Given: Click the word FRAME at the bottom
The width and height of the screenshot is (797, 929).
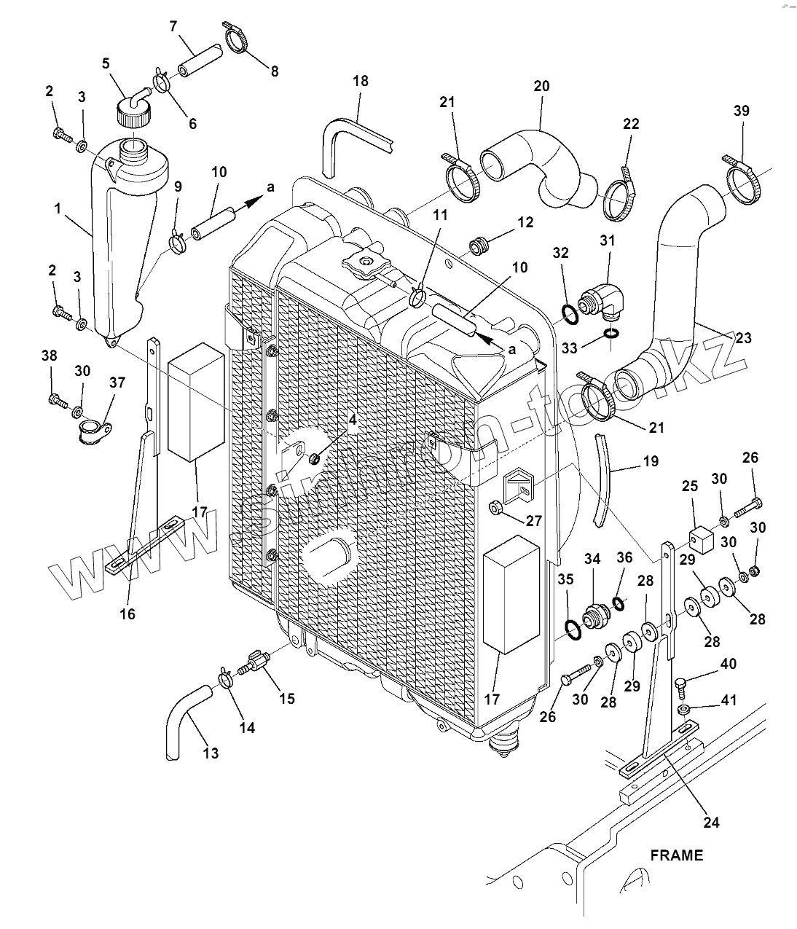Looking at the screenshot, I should (677, 855).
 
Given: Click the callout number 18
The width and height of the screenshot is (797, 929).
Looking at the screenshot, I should (361, 81).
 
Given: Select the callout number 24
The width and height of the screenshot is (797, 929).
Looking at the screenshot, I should (712, 822).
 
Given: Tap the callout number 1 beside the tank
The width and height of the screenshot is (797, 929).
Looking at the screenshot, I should (58, 208).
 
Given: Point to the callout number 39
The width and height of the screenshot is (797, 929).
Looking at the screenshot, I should (741, 111).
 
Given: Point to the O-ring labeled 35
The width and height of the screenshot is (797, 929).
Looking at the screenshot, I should (573, 628).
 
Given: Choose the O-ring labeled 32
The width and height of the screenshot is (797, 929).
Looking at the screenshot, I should (570, 315).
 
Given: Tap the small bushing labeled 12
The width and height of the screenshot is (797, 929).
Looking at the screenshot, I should (478, 246).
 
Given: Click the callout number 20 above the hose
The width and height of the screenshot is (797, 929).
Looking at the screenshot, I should (541, 85).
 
